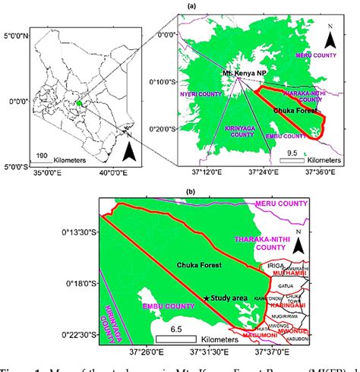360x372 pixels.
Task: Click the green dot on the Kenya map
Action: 78,103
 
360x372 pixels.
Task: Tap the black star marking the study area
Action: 207,298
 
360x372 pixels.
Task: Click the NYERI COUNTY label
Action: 195,95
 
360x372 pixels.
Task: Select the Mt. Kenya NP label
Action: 242,71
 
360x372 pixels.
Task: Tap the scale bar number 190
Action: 44,154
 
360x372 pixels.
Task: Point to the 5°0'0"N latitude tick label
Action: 17,36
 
